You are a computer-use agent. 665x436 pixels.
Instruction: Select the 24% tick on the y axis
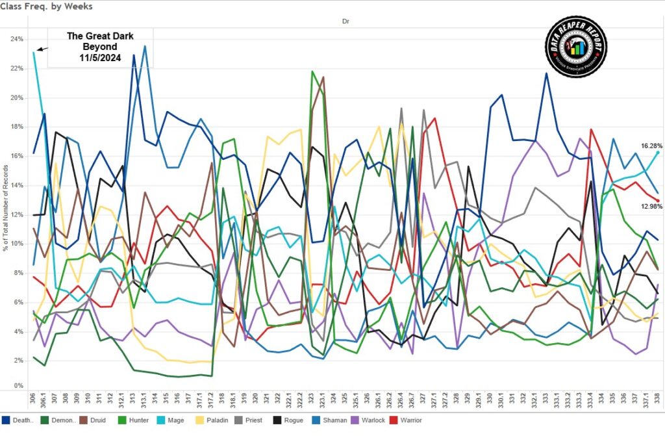point(16,38)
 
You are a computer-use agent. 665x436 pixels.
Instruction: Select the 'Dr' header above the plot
point(346,21)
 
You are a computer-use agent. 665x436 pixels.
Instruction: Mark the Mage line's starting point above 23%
point(34,53)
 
